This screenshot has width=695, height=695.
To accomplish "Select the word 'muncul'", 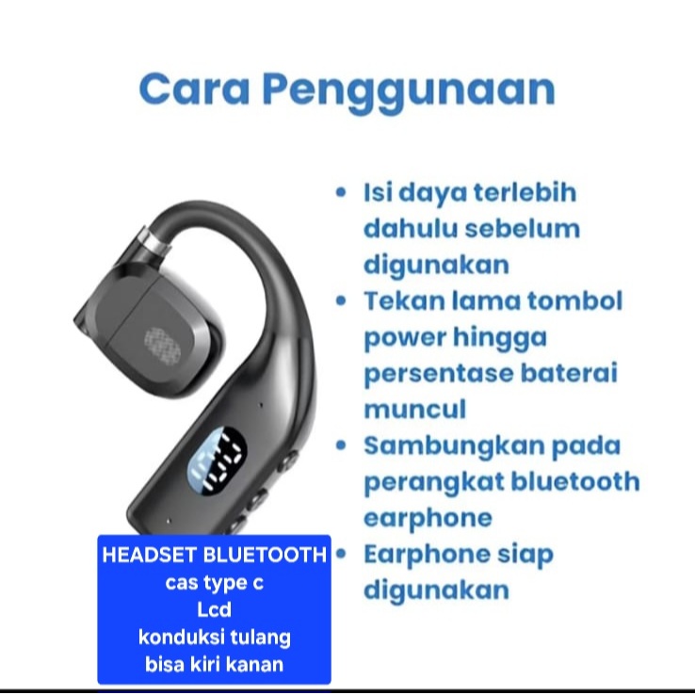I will click(x=414, y=410).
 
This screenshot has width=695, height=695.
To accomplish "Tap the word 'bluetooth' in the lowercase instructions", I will click(x=574, y=482).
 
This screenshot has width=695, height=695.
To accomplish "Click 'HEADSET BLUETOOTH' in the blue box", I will click(x=215, y=555).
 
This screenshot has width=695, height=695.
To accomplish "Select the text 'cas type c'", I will click(x=215, y=583).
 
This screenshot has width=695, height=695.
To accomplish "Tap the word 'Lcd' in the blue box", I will click(x=215, y=610).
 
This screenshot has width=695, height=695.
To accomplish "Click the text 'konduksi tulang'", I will click(x=215, y=638).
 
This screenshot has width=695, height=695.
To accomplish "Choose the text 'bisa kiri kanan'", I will click(x=215, y=664).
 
